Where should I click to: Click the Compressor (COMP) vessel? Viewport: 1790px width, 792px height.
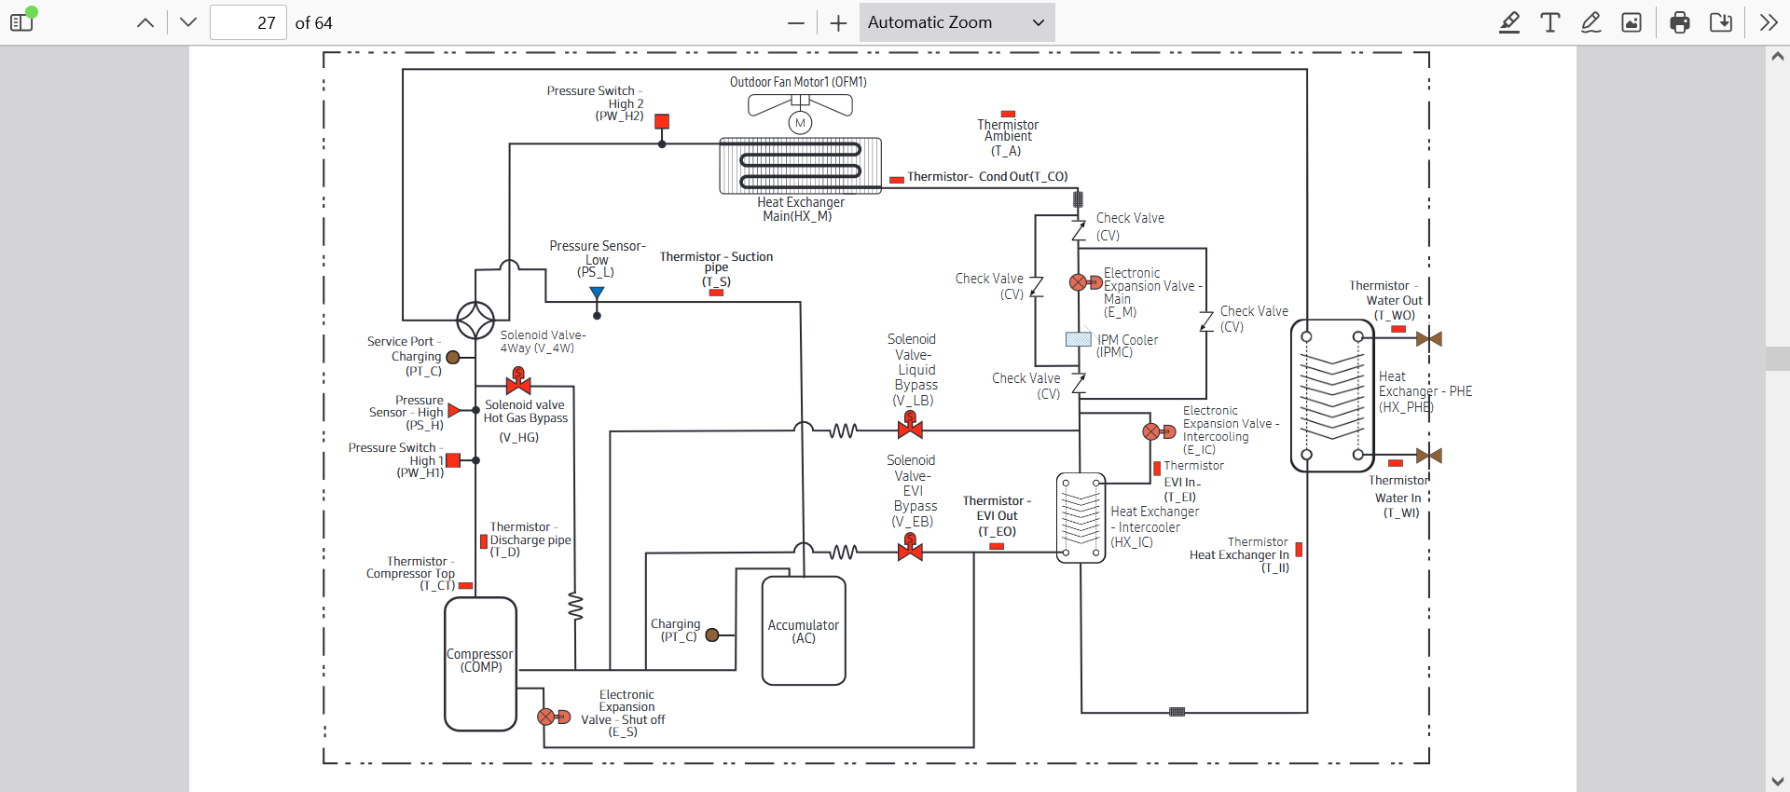tap(480, 664)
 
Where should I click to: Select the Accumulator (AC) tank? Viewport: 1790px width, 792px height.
tap(804, 631)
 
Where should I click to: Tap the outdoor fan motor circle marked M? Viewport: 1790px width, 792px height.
tap(800, 122)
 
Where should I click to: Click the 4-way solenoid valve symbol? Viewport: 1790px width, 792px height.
tap(475, 321)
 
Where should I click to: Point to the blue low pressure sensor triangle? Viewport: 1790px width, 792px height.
tap(597, 293)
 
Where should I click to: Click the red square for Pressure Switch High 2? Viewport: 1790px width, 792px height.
tap(662, 121)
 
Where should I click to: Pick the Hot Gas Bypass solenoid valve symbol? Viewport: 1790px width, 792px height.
tap(518, 381)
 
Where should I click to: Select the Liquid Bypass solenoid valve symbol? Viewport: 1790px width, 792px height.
tap(910, 425)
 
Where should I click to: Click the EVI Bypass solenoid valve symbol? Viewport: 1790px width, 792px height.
tap(910, 548)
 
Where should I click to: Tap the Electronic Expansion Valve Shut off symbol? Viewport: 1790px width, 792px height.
tap(554, 717)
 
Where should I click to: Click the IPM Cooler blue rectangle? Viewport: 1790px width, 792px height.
tap(1079, 339)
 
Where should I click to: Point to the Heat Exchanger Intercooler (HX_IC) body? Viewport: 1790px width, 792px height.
tap(1081, 518)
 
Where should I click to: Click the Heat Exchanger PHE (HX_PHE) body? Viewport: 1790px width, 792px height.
tap(1333, 396)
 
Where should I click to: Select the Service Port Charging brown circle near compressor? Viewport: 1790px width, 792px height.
tap(453, 357)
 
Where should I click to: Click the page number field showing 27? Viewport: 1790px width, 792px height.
tap(247, 22)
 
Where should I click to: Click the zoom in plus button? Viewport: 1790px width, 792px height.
tap(838, 23)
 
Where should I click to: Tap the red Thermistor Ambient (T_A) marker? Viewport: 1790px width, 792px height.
tap(1008, 114)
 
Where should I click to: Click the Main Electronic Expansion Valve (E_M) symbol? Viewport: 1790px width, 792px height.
tap(1085, 282)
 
